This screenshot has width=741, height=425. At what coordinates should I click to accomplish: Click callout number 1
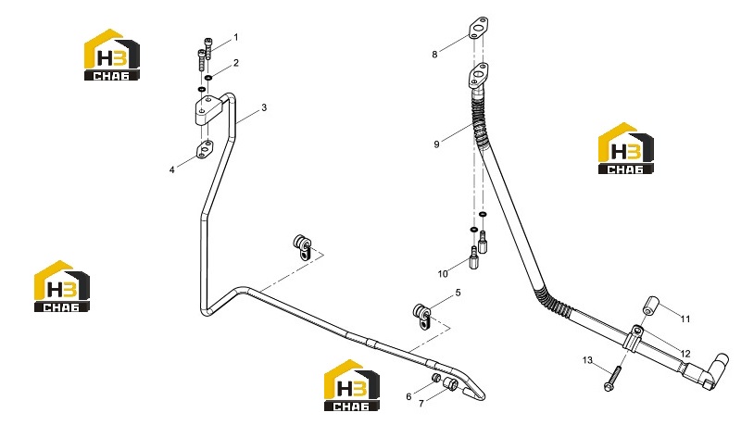[x=236, y=37]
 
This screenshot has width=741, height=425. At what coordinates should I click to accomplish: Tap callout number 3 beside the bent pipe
[x=264, y=107]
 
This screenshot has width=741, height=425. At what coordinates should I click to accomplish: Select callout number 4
[x=172, y=169]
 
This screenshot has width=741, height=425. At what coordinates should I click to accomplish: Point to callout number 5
[x=458, y=294]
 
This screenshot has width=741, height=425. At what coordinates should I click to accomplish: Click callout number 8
[x=434, y=55]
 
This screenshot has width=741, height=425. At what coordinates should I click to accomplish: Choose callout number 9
[x=436, y=144]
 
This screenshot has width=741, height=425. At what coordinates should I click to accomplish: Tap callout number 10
[x=443, y=274]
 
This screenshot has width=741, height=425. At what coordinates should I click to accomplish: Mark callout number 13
[x=587, y=360]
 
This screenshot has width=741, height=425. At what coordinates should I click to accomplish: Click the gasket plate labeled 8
[x=479, y=28]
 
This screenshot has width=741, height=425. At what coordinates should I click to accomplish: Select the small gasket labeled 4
[x=205, y=149]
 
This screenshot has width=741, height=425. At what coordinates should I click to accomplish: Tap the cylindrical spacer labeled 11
[x=650, y=305]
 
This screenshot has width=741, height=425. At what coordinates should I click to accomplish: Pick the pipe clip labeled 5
[x=422, y=317]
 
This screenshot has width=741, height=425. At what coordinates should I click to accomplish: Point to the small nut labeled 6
[x=436, y=379]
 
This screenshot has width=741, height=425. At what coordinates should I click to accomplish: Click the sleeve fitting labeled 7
[x=449, y=384]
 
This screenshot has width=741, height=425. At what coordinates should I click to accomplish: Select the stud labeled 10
[x=474, y=257]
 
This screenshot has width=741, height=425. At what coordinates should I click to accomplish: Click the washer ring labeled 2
[x=208, y=78]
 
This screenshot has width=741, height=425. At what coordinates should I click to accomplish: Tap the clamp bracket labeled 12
[x=634, y=337]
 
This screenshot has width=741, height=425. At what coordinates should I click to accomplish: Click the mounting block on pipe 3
[x=209, y=110]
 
